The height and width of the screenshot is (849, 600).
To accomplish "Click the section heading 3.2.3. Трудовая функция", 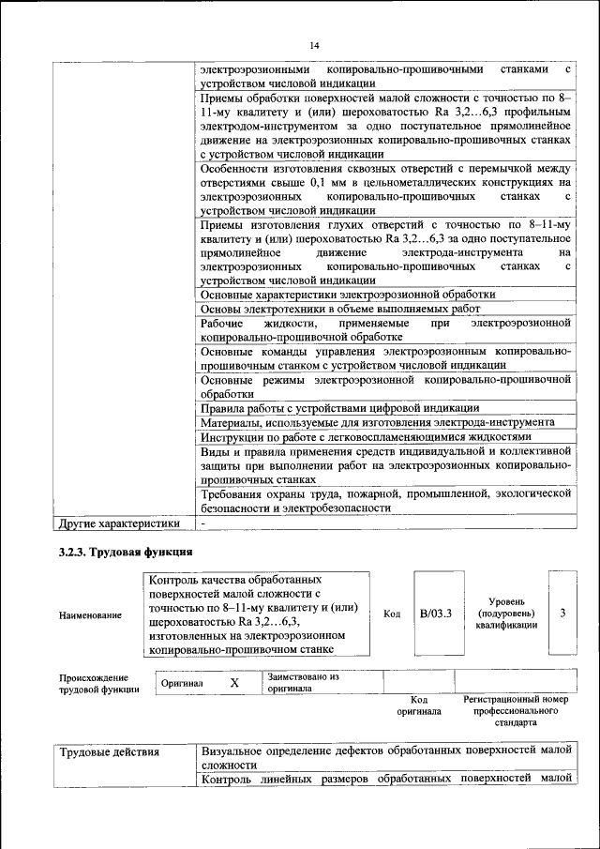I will tap(126, 553).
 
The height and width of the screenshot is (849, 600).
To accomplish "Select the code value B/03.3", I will tap(436, 614).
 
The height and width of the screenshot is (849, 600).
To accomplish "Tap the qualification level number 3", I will tap(562, 614).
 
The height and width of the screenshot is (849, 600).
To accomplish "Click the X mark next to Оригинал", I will tap(235, 683).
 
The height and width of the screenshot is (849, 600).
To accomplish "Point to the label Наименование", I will tap(90, 614).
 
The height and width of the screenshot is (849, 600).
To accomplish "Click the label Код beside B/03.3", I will tap(392, 614).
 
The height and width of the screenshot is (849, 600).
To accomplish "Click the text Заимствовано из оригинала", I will tap(303, 682).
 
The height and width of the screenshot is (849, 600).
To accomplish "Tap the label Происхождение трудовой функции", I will tap(94, 683).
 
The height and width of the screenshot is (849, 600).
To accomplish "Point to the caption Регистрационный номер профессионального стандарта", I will tap(516, 711).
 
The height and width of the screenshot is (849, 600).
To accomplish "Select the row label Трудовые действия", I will tap(109, 752).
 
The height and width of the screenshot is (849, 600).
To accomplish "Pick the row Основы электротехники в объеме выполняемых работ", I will tap(340, 309).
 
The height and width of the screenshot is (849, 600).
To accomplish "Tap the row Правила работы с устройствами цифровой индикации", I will tap(340, 407).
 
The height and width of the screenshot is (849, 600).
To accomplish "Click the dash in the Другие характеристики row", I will tap(202, 523).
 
